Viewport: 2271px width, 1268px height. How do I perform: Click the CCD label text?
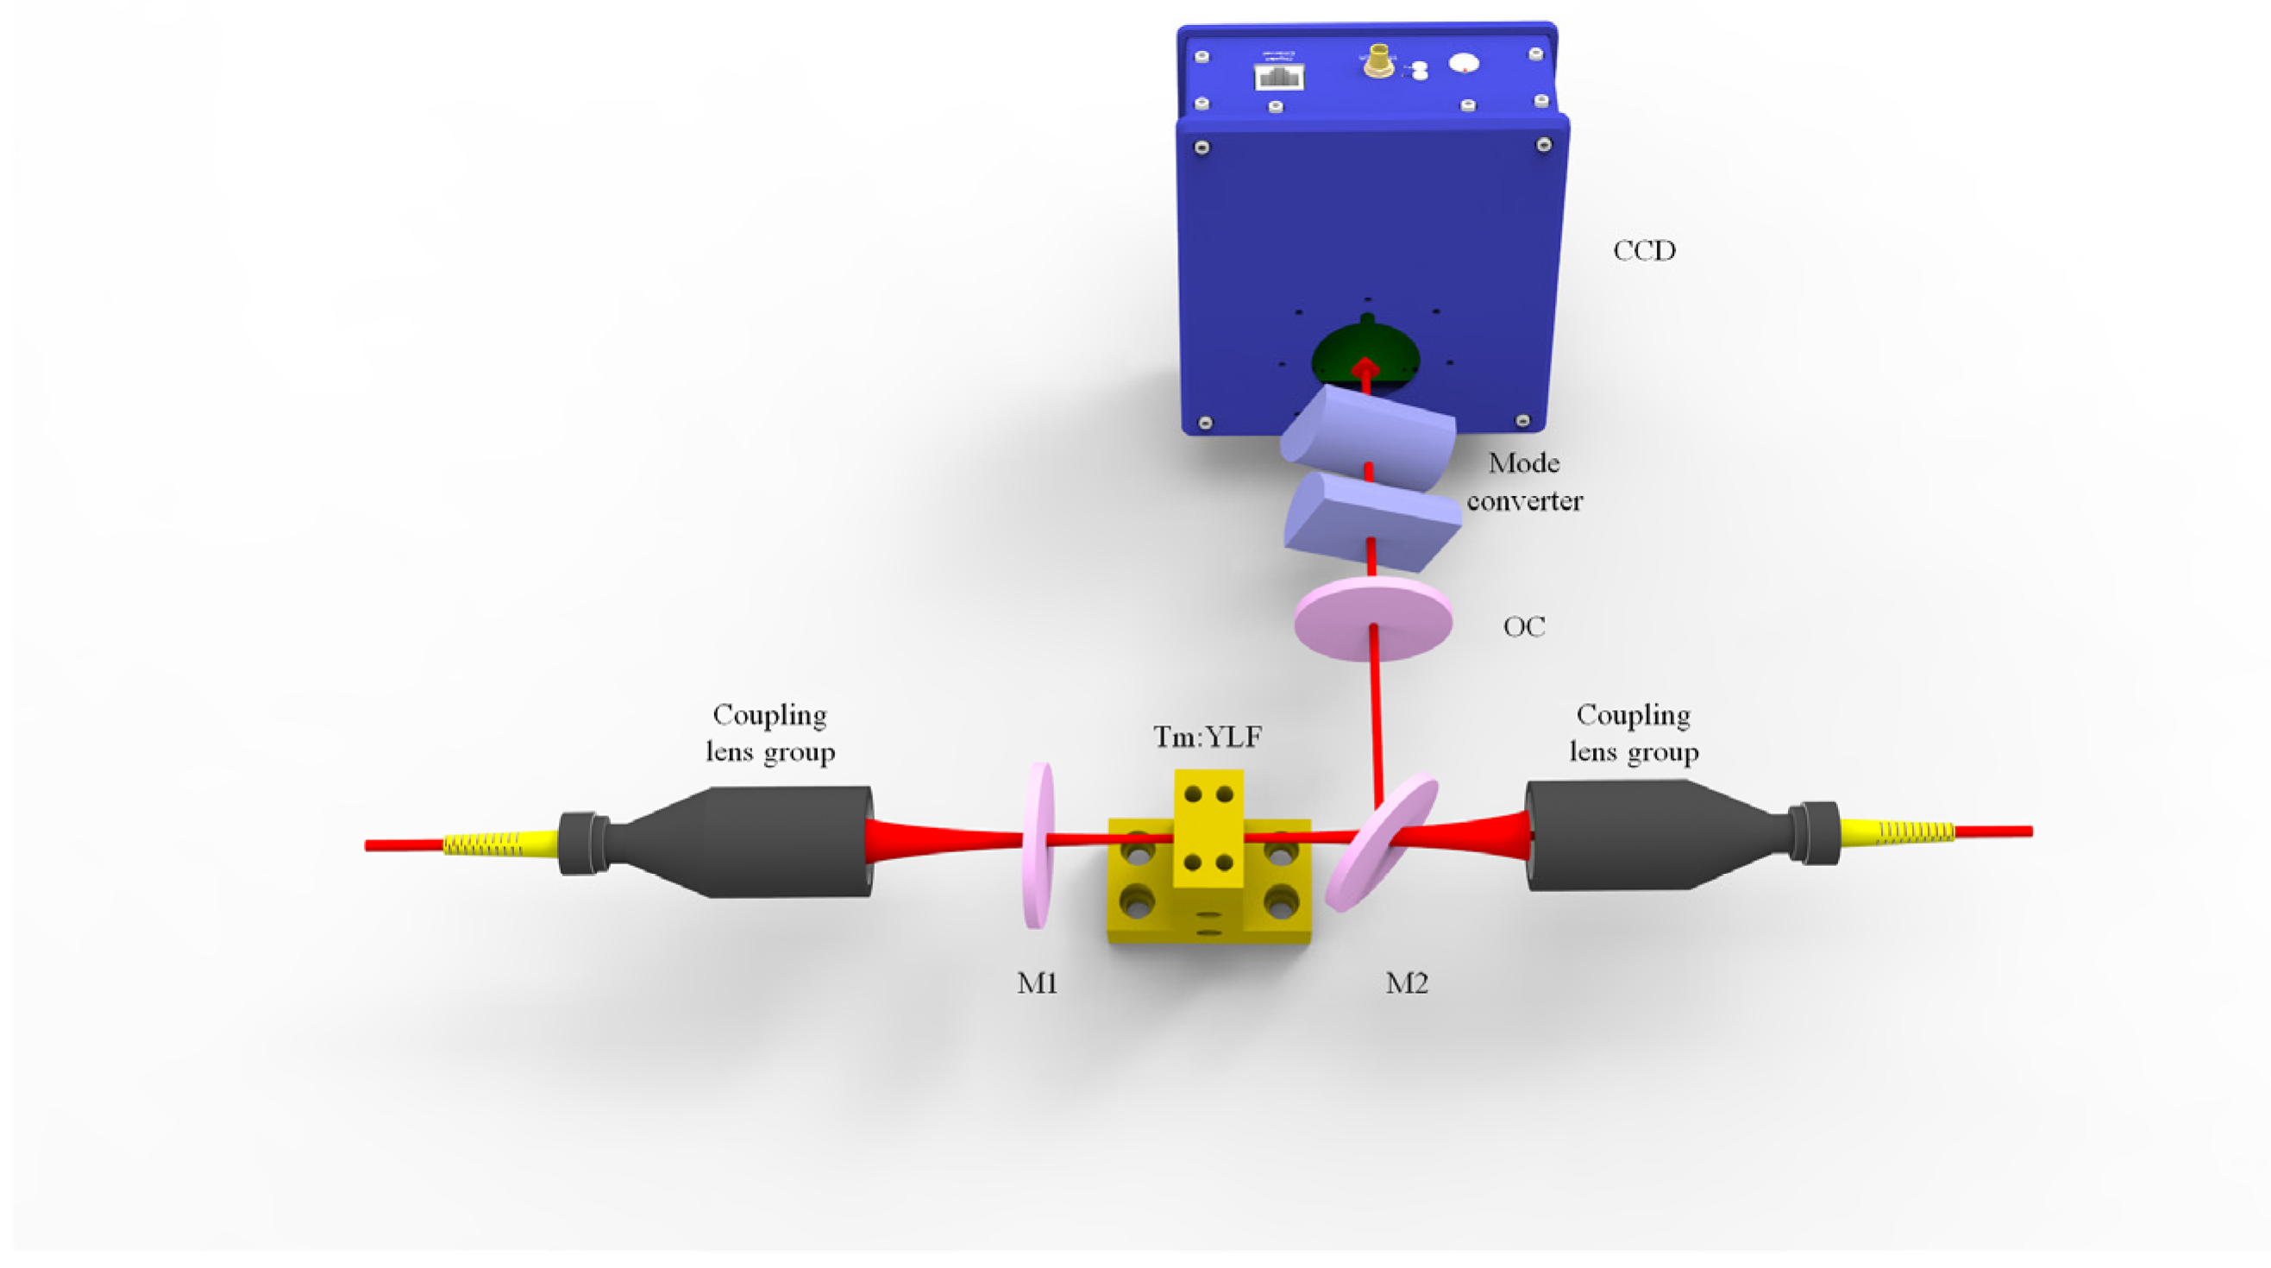click(1644, 251)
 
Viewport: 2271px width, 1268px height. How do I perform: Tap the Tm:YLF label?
click(1207, 737)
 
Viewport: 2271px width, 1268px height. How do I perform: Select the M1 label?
click(1037, 983)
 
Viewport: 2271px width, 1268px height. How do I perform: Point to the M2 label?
click(1406, 983)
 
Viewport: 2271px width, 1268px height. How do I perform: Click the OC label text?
click(1523, 627)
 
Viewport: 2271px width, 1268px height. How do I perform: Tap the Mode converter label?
click(1524, 482)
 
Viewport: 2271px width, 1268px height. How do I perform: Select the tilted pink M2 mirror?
click(1382, 842)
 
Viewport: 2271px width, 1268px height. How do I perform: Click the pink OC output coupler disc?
click(1372, 620)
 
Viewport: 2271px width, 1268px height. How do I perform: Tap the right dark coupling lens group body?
click(1631, 835)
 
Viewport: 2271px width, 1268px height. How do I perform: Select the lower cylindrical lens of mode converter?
click(1371, 520)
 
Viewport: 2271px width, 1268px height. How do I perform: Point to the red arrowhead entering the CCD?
click(1365, 367)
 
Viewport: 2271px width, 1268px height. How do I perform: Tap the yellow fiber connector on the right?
click(1896, 832)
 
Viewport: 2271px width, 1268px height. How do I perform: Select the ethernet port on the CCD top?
click(1279, 77)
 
